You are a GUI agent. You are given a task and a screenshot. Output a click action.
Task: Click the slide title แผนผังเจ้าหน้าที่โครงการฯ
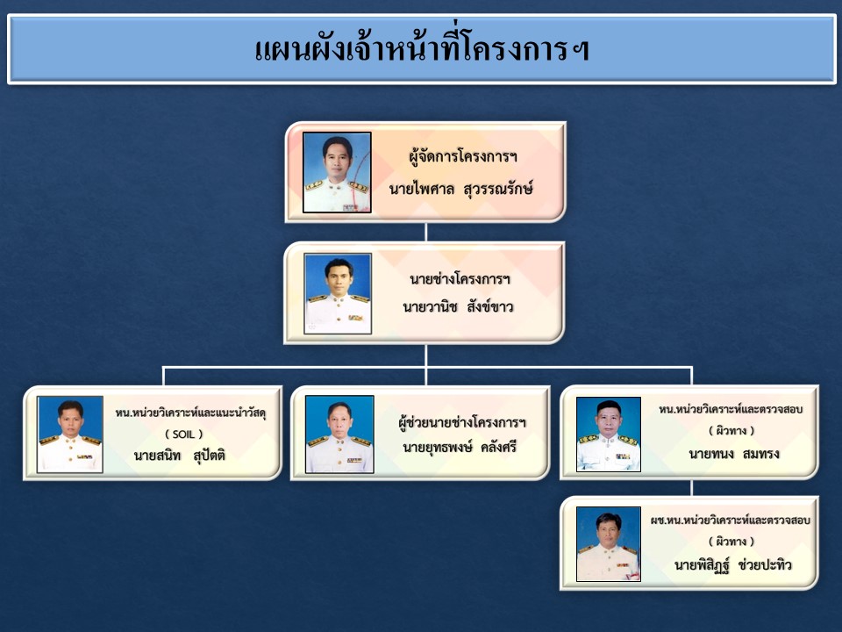coord(422,49)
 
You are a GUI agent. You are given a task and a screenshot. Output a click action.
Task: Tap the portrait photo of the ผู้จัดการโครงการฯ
coord(337,172)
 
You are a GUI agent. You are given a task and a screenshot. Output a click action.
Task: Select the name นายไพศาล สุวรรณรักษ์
coord(460,188)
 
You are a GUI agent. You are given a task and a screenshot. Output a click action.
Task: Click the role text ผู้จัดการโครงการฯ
coord(463,156)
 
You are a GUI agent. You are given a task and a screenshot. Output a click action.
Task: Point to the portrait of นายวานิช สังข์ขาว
coord(338,293)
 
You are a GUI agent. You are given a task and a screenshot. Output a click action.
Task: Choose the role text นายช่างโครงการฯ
coord(460,278)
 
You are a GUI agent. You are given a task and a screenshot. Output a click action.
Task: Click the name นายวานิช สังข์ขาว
coord(458,307)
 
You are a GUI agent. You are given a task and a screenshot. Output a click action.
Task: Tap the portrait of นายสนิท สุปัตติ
coord(70,434)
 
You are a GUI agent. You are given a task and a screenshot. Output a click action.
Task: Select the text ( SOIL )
coord(183,434)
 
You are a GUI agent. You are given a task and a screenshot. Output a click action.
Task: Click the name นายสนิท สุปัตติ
coord(179,456)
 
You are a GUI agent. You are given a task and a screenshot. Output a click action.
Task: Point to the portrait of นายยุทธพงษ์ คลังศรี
coord(339,434)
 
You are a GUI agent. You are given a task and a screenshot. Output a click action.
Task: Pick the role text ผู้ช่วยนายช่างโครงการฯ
coord(462,422)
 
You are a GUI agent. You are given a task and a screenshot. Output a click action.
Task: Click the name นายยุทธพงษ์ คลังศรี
coord(460,447)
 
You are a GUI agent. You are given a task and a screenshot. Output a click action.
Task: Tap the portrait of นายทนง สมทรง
coord(609,434)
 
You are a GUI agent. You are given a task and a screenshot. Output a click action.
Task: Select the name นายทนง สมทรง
coord(734,454)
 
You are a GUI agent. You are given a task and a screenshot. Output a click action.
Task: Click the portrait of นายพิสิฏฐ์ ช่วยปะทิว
coord(609,544)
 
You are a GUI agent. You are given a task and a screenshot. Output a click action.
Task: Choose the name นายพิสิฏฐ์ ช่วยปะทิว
coord(733,565)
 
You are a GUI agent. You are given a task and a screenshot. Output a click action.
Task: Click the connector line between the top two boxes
coord(426,232)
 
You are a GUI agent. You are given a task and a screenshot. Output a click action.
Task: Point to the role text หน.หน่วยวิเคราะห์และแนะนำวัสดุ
coord(190,413)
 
